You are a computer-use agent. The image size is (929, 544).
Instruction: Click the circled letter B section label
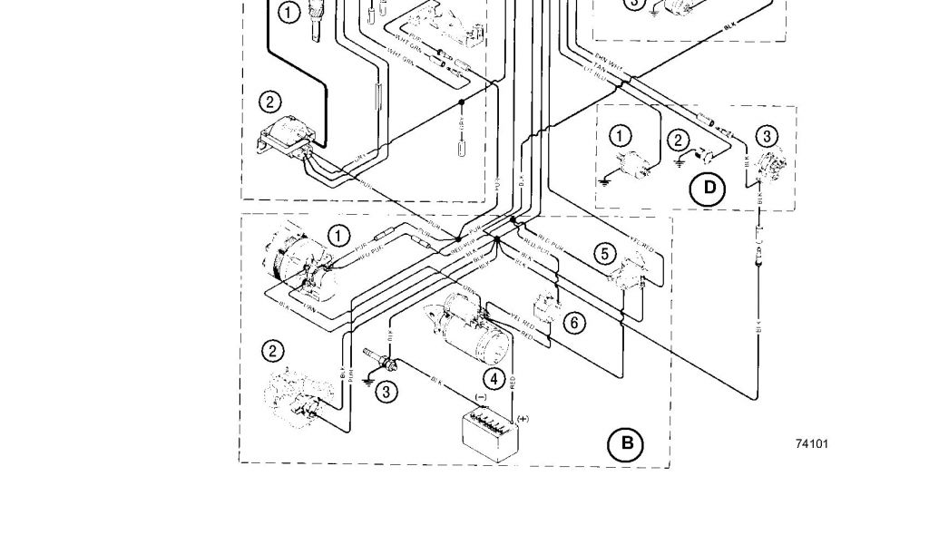click(x=626, y=443)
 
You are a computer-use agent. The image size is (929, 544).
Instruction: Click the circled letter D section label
click(x=709, y=188)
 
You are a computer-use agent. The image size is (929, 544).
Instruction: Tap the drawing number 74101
click(x=811, y=444)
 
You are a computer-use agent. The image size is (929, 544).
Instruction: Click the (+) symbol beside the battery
click(x=523, y=418)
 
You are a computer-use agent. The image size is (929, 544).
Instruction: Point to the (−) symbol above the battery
click(x=481, y=396)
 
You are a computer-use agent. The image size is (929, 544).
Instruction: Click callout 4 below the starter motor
click(x=494, y=379)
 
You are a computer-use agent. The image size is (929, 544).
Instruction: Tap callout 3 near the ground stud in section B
click(x=386, y=392)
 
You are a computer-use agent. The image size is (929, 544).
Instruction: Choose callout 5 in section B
click(x=605, y=253)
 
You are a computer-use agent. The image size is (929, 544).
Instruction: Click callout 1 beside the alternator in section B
click(x=338, y=236)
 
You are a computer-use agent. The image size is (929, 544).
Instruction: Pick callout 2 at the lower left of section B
click(x=272, y=351)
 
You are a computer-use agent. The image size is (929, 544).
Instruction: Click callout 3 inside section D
click(x=767, y=137)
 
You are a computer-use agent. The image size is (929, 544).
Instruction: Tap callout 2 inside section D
click(x=678, y=140)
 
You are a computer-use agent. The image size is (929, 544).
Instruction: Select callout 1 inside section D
click(x=620, y=136)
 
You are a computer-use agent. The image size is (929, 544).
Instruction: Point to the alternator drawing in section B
click(x=290, y=258)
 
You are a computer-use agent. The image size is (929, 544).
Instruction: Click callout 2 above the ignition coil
click(x=269, y=102)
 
